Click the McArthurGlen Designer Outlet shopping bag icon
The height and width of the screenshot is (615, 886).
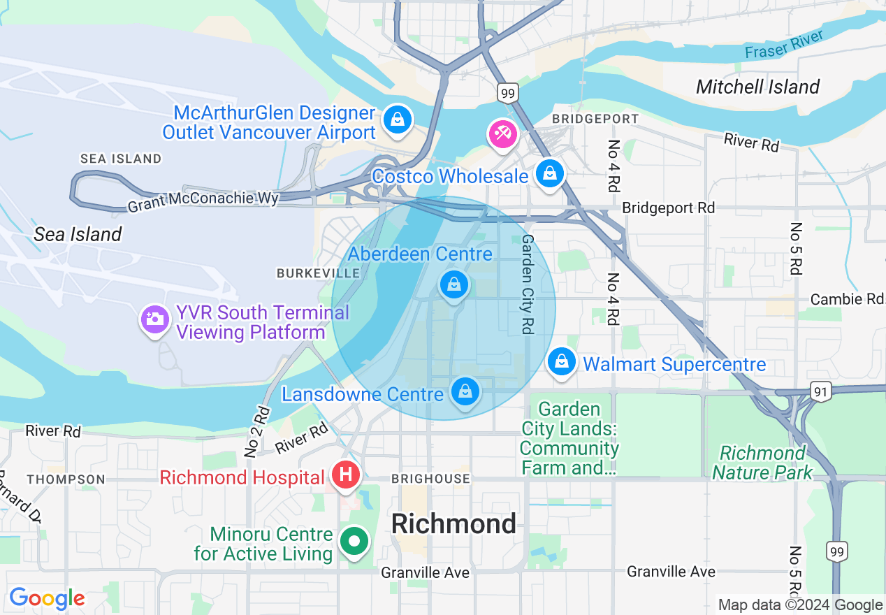397,120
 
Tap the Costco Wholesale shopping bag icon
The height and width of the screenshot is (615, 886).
550,173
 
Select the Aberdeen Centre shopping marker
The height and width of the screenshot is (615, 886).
453,285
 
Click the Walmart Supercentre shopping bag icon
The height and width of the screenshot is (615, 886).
561,362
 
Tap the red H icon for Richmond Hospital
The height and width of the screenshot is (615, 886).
345,476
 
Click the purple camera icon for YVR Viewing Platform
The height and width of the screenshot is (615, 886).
154,319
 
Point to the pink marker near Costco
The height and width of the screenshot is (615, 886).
502,133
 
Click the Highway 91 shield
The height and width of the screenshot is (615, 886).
822,392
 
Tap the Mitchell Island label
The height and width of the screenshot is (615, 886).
757,87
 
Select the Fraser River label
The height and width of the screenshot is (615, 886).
784,44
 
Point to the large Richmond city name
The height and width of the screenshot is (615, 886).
453,523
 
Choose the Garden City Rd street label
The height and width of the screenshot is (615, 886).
528,284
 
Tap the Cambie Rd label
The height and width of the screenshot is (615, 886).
846,299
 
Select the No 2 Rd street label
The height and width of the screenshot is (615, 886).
256,431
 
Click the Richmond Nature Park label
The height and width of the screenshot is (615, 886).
762,463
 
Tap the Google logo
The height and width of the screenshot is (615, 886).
47,598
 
